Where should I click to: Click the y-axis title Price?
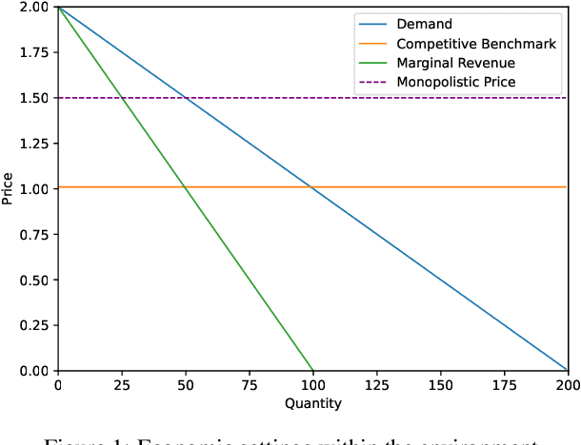click(9, 188)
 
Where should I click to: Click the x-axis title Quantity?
click(312, 403)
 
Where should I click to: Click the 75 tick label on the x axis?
click(249, 385)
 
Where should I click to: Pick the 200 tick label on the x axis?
click(568, 385)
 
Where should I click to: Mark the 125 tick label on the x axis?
click(376, 385)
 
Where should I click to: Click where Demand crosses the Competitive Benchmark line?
click(311, 187)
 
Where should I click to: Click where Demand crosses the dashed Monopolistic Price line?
click(186, 98)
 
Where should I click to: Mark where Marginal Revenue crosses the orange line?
click(185, 187)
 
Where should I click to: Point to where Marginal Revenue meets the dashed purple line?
click(122, 98)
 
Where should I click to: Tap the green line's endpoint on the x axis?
click(312, 370)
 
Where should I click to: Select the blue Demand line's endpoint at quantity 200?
click(568, 370)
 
